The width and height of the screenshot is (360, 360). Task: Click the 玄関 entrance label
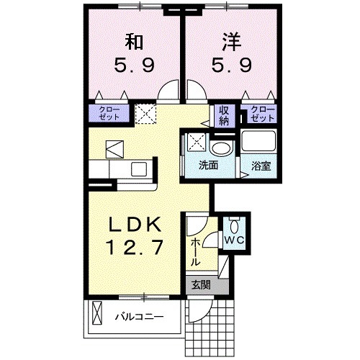point(199,284)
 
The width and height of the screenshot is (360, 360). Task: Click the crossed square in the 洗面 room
point(195,143)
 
